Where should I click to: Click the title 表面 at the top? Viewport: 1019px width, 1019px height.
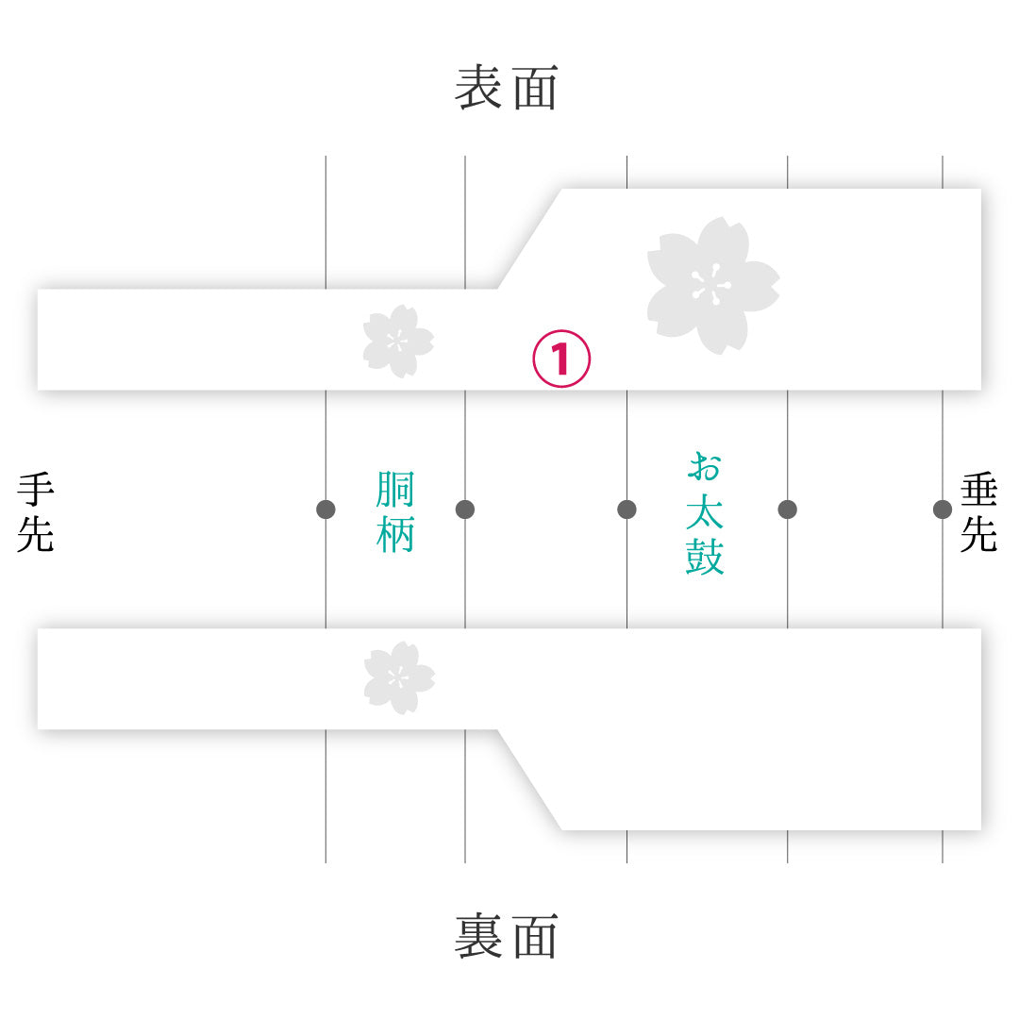[x=507, y=87]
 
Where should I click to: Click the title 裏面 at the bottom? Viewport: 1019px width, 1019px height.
[x=507, y=935]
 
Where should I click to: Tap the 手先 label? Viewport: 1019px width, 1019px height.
[x=36, y=512]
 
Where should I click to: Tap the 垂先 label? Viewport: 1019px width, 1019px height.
[x=978, y=512]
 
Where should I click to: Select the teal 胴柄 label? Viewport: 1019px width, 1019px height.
[x=395, y=512]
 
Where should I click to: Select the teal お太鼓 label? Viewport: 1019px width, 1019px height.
[x=705, y=512]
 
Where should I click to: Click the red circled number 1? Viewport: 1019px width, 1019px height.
[x=561, y=359]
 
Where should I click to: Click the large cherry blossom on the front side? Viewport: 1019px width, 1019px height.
[x=713, y=286]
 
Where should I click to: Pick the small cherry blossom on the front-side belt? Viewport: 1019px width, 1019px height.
[x=398, y=342]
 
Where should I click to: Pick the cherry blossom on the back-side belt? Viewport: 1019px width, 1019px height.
[x=399, y=677]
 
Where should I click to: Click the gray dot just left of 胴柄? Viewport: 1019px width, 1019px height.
[x=326, y=509]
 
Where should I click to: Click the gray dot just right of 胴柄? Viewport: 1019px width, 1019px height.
[x=464, y=509]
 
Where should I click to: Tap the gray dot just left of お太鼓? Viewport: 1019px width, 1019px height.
[x=626, y=509]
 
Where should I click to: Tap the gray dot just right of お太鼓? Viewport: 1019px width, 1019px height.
[x=787, y=509]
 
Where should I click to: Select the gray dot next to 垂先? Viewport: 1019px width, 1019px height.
[x=943, y=509]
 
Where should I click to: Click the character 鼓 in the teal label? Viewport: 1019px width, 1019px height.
[x=705, y=556]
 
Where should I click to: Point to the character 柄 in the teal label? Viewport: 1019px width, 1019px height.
[x=395, y=534]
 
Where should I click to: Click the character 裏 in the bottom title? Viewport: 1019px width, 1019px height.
[x=477, y=935]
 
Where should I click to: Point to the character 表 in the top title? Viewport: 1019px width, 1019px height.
[x=477, y=87]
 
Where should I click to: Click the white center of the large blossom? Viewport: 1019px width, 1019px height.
[x=711, y=285]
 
